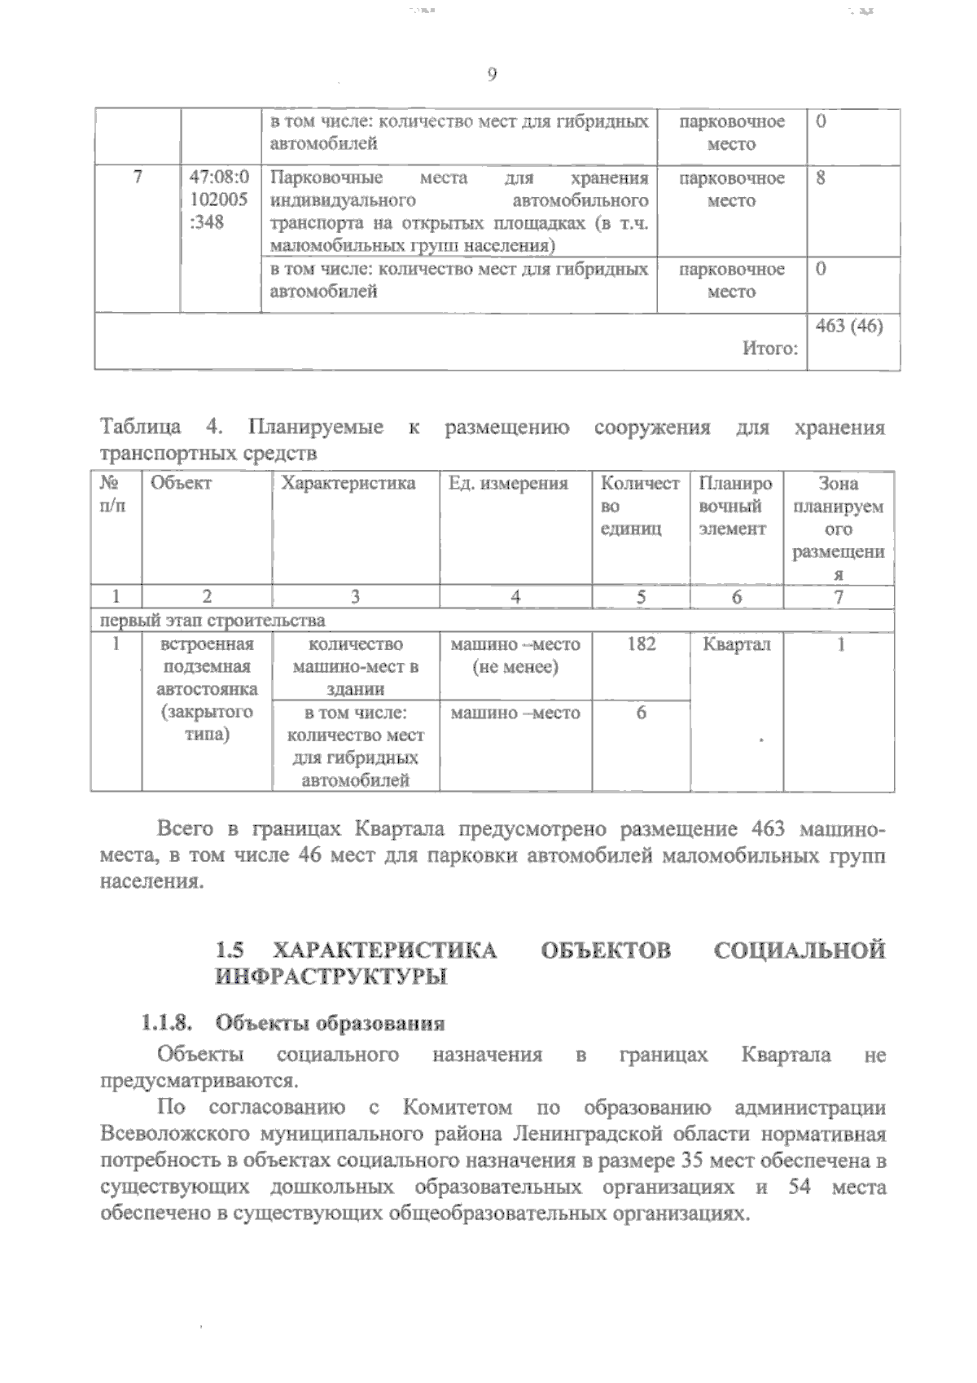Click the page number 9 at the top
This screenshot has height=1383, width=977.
[x=492, y=75]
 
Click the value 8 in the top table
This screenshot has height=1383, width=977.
[x=821, y=178]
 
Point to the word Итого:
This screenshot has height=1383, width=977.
[x=769, y=349]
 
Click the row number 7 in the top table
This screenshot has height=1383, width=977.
[x=137, y=178]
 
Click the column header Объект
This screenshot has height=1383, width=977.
[x=181, y=483]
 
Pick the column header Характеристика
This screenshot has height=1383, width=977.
[x=348, y=483]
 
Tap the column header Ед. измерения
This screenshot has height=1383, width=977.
[x=508, y=483]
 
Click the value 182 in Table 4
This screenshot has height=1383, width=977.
[x=641, y=644]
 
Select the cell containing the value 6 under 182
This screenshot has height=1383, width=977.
[x=641, y=713]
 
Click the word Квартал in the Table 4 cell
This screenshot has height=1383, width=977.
[x=736, y=644]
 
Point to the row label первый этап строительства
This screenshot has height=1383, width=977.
[x=212, y=621]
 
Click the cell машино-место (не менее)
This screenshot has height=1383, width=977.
[x=515, y=656]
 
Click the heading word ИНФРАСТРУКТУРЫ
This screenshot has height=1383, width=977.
[x=331, y=977]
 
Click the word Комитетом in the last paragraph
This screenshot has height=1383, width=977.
[x=457, y=1108]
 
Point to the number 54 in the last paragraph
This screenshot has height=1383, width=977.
[x=800, y=1187]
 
